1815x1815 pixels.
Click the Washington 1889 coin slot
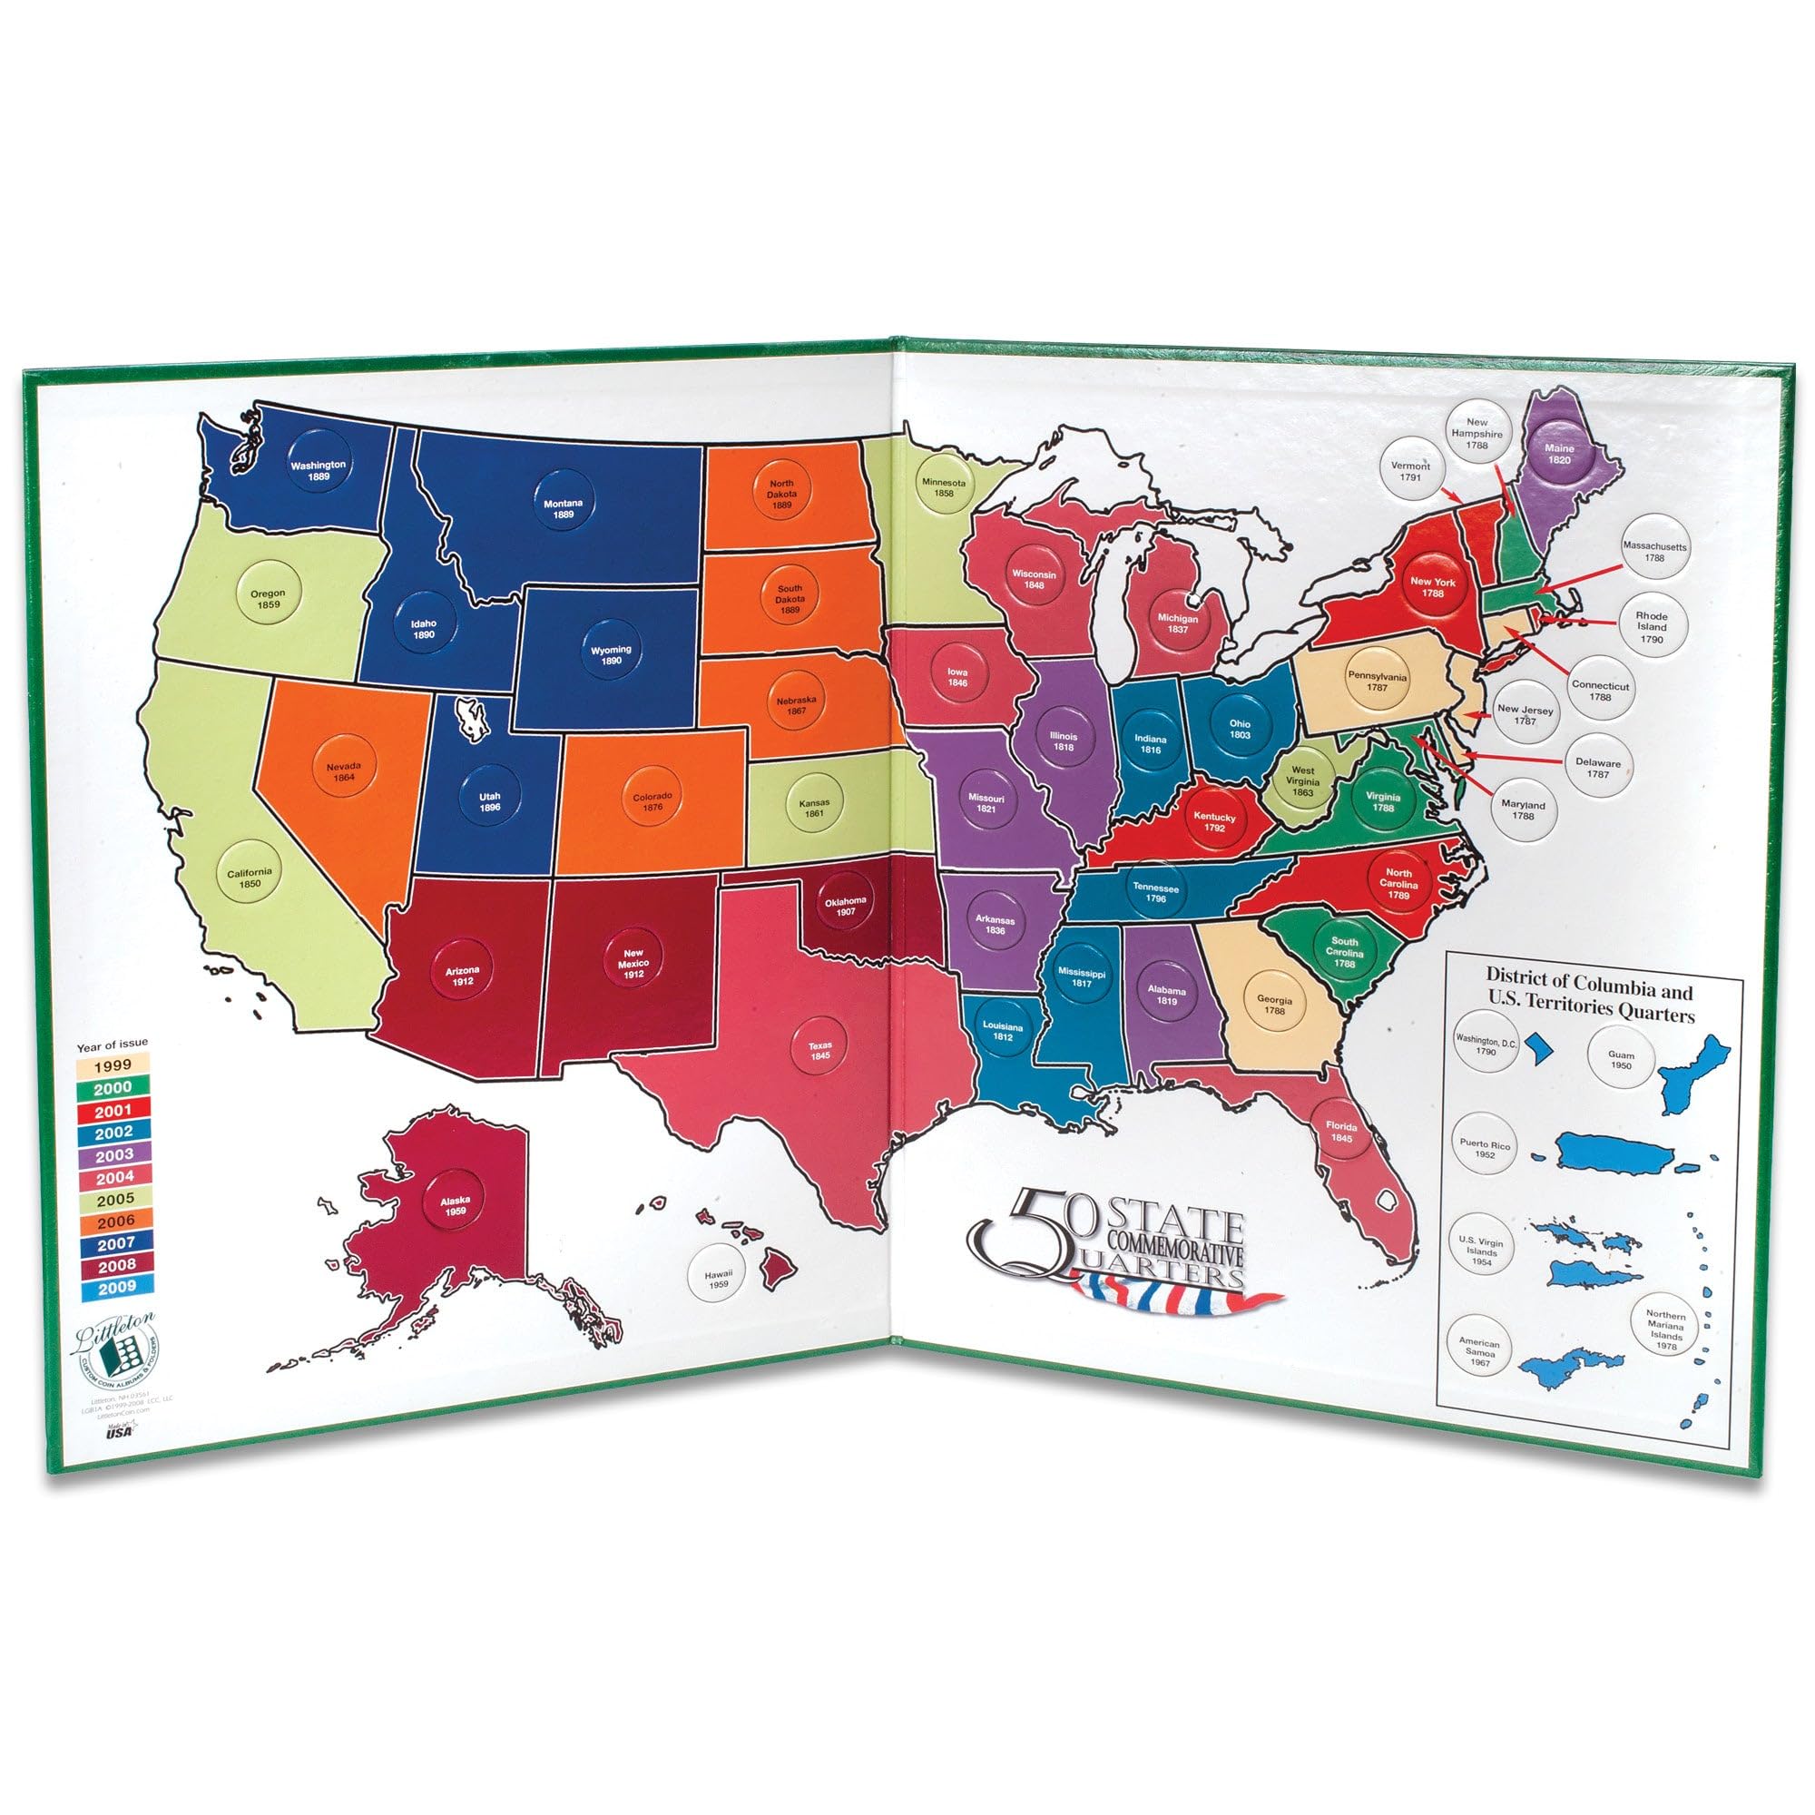[318, 471]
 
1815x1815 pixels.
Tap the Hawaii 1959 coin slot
[718, 1279]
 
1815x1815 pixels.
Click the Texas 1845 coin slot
[819, 1050]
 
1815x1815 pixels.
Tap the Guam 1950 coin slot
[1621, 1060]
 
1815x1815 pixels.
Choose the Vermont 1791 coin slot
[1410, 471]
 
